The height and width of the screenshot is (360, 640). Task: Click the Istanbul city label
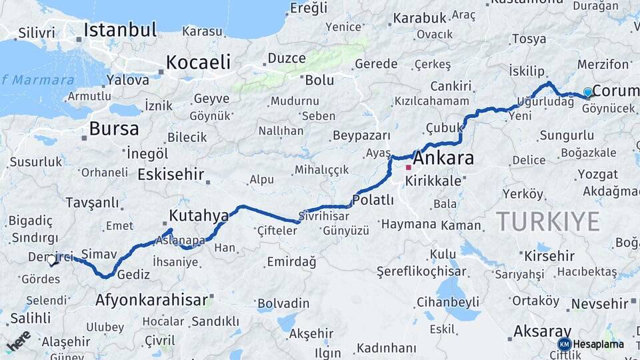[x=121, y=30]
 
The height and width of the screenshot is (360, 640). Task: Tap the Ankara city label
[x=443, y=159]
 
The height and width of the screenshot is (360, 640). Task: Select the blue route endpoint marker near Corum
[x=587, y=92]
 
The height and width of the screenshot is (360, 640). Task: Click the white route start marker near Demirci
[x=51, y=259]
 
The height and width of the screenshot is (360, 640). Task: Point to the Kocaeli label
[x=198, y=63]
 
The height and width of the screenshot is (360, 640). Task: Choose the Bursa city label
[x=114, y=128]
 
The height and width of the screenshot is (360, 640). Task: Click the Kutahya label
[x=199, y=215]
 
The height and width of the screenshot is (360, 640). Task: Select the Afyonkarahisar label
[x=152, y=300]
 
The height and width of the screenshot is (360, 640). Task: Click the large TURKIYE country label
[x=547, y=221]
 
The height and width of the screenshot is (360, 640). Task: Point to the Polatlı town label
[x=373, y=200]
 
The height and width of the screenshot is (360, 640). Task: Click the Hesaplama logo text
[x=598, y=344]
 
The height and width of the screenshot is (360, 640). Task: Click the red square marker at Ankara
[x=408, y=167]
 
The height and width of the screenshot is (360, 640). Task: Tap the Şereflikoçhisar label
[x=419, y=272]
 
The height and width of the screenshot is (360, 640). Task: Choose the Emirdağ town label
[x=291, y=261]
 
